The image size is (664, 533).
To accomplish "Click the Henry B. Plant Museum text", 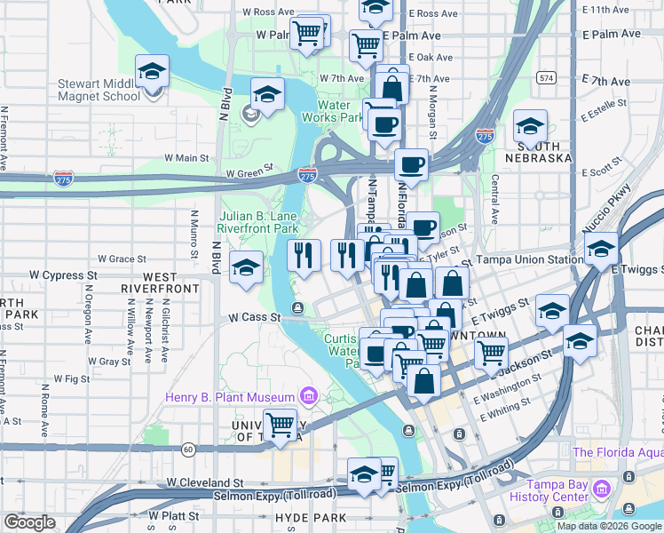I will point(229,396).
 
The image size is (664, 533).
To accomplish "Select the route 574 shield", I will point(546,78).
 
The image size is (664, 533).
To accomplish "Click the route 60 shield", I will point(189,449).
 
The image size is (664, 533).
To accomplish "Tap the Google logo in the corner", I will point(29,522).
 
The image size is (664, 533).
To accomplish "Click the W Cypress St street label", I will point(63,275).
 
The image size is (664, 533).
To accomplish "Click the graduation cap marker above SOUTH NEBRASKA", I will point(530,126).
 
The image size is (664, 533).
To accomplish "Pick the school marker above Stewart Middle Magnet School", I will point(153,71).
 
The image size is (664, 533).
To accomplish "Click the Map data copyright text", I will point(608,526).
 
